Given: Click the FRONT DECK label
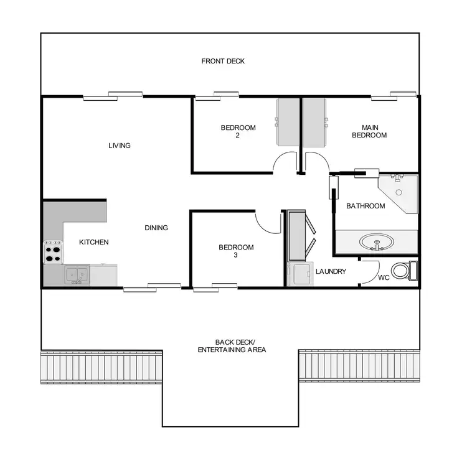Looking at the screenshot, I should click(223, 61).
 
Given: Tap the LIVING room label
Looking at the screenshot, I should click(120, 146).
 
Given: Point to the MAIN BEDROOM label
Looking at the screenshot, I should click(369, 131).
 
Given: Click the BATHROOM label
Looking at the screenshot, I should click(366, 206).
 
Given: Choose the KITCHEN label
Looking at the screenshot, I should click(94, 242).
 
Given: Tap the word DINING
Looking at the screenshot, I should click(156, 228).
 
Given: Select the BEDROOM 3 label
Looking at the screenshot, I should click(236, 251).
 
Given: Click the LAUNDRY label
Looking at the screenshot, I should click(331, 271).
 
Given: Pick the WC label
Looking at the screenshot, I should click(384, 277).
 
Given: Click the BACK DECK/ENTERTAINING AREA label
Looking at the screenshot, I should click(232, 346).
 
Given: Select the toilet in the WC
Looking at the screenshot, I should click(406, 271).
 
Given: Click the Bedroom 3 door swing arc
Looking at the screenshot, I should click(267, 223).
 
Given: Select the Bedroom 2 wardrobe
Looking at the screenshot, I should click(286, 122).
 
